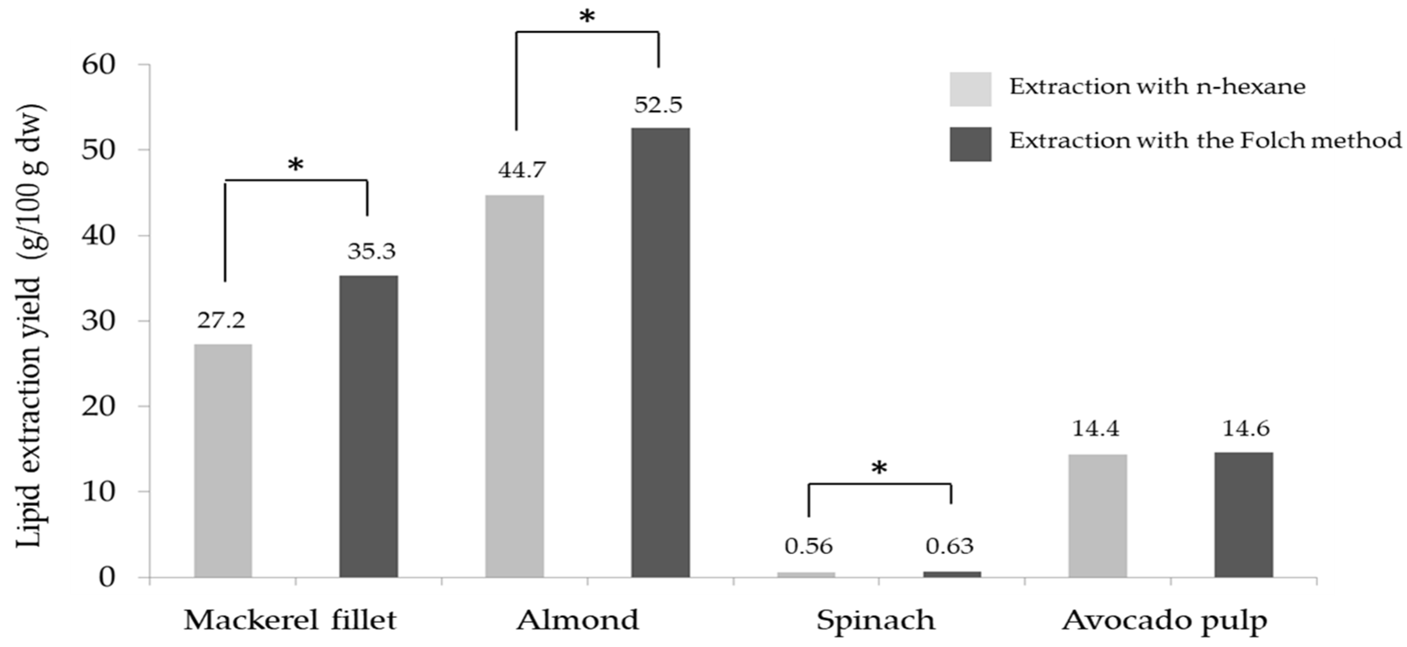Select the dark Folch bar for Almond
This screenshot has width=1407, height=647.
tap(660, 352)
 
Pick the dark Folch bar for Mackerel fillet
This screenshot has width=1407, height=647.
tap(369, 426)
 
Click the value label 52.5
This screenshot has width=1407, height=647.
tap(658, 105)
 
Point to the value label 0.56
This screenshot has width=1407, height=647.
tap(808, 546)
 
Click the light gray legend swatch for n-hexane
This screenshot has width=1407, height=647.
tap(970, 89)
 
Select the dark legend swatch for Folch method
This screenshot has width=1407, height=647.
tap(970, 144)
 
